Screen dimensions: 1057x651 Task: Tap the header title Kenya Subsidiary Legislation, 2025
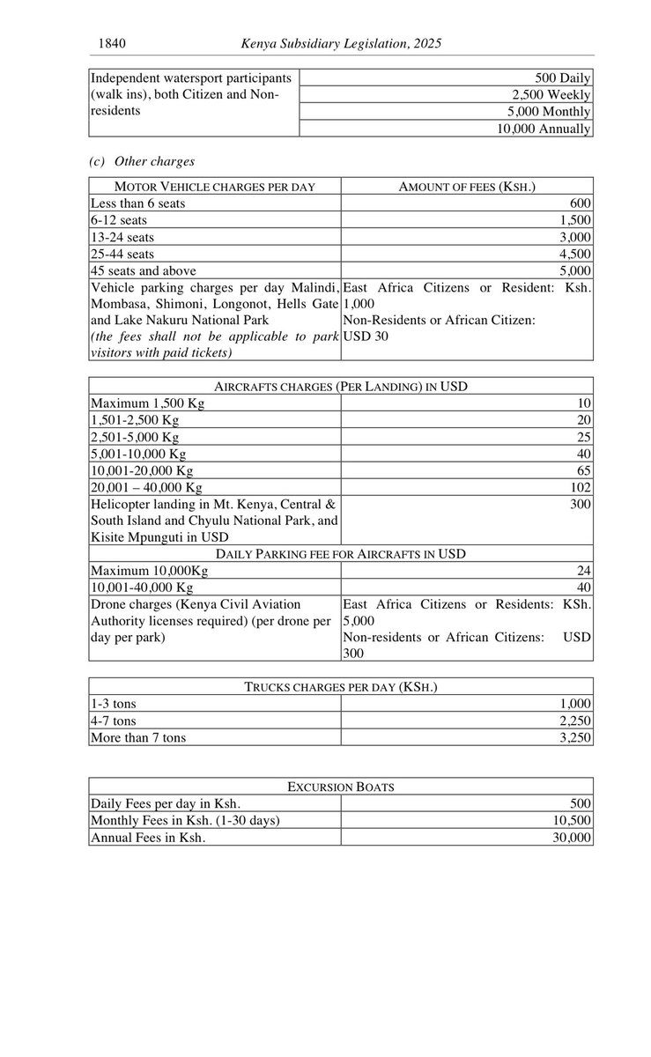pyautogui.click(x=341, y=42)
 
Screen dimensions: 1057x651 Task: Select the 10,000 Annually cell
pyautogui.click(x=544, y=129)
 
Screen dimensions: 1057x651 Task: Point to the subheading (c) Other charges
pyautogui.click(x=142, y=162)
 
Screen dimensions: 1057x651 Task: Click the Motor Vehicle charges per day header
pyautogui.click(x=215, y=187)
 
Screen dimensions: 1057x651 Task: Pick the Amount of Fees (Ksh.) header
pyautogui.click(x=467, y=187)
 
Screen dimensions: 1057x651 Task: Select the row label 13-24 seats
pyautogui.click(x=124, y=237)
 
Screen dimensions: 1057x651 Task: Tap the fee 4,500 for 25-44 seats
pyautogui.click(x=575, y=254)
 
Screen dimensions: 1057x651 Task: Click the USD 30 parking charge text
pyautogui.click(x=366, y=336)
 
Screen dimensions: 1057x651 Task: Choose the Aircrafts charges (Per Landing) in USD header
pyautogui.click(x=341, y=387)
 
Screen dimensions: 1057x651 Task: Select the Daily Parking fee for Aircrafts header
pyautogui.click(x=341, y=554)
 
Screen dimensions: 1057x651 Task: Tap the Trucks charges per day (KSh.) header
pyautogui.click(x=341, y=687)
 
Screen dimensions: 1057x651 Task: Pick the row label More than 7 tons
pyautogui.click(x=138, y=737)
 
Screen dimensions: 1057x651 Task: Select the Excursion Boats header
pyautogui.click(x=341, y=787)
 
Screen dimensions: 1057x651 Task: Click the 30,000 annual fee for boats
pyautogui.click(x=572, y=838)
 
